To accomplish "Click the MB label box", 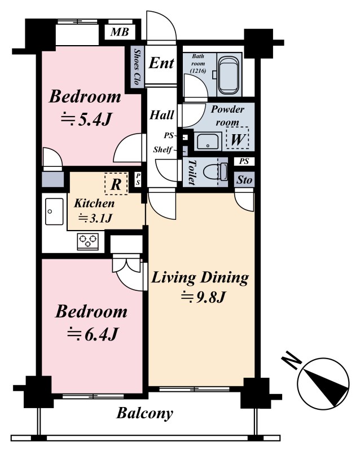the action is tap(120, 32).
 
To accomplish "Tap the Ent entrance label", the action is tap(161, 63).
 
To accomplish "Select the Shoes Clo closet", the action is tap(137, 67).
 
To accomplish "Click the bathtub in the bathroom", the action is tap(229, 76).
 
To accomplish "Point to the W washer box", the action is tap(238, 138).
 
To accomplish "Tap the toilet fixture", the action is tap(216, 173).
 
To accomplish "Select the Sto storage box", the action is tap(244, 180).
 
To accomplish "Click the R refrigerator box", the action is tap(116, 184).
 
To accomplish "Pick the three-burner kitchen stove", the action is tap(88, 242).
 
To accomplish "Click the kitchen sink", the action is tap(54, 211).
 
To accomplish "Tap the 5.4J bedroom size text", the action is tap(86, 119).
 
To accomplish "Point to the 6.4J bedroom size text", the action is tap(93, 334).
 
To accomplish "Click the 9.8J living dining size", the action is tap(203, 298).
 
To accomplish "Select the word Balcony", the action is tap(144, 414).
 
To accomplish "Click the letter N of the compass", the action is tap(291, 362).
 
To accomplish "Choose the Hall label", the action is tap(162, 115).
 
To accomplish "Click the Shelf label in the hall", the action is tap(163, 149).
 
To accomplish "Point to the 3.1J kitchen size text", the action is tap(95, 218).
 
